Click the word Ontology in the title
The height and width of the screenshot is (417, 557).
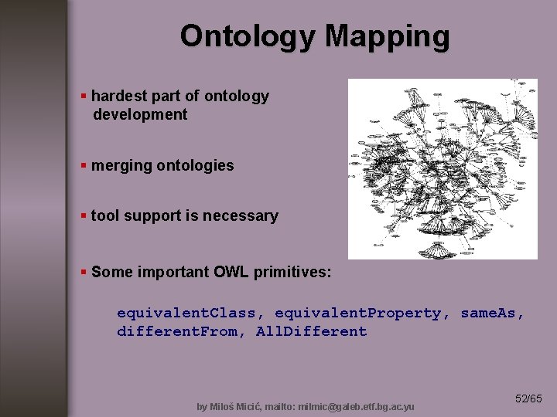pyautogui.click(x=248, y=36)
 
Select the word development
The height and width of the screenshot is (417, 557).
pyautogui.click(x=140, y=115)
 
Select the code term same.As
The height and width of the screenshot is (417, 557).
pyautogui.click(x=492, y=314)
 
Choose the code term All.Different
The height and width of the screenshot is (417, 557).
pyautogui.click(x=312, y=332)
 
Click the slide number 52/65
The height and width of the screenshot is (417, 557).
pyautogui.click(x=529, y=398)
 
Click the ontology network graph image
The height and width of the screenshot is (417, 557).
pyautogui.click(x=443, y=168)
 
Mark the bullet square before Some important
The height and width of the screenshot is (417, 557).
pyautogui.click(x=84, y=272)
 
